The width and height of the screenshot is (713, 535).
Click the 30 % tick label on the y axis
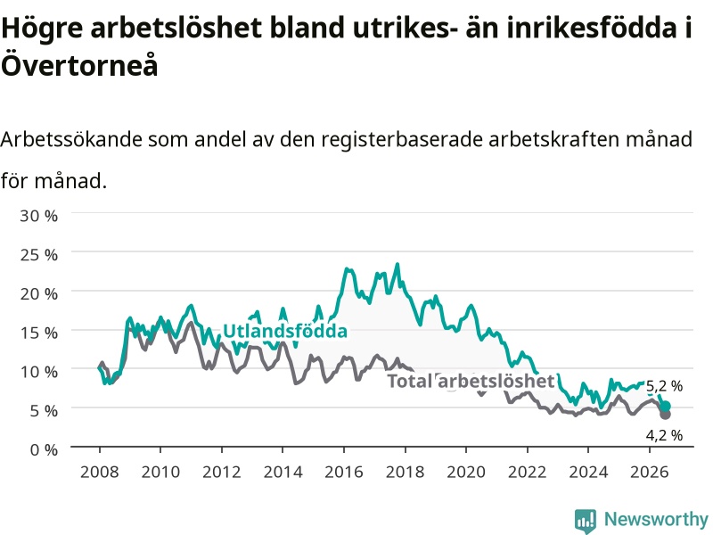(38, 215)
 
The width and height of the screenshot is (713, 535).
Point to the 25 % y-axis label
(38, 254)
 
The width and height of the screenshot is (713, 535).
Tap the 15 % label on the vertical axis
(38, 333)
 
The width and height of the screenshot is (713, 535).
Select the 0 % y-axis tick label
(44, 450)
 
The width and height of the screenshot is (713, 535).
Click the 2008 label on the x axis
(100, 472)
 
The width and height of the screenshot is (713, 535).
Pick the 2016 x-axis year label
(344, 472)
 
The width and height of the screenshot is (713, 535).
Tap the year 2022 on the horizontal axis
(527, 472)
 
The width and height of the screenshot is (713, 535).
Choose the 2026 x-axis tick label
(650, 472)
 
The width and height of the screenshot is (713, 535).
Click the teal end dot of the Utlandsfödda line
(665, 407)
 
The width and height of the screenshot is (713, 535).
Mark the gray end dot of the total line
(665, 415)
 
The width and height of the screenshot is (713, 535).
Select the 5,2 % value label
(664, 386)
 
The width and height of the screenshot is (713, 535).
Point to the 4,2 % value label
(664, 435)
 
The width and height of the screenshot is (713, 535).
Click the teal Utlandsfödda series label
(285, 331)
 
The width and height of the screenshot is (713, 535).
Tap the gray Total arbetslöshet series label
(471, 381)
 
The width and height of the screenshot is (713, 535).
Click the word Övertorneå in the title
(79, 65)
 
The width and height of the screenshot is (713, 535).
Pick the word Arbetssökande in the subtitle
(71, 139)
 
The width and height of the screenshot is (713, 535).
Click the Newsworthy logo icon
(586, 521)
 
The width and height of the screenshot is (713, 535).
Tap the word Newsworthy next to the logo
(656, 519)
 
